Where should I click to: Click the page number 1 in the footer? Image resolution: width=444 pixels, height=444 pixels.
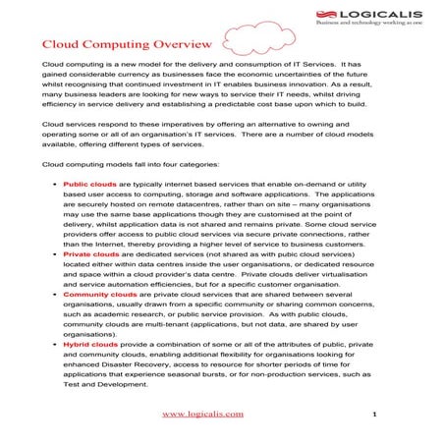coord(374,414)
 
